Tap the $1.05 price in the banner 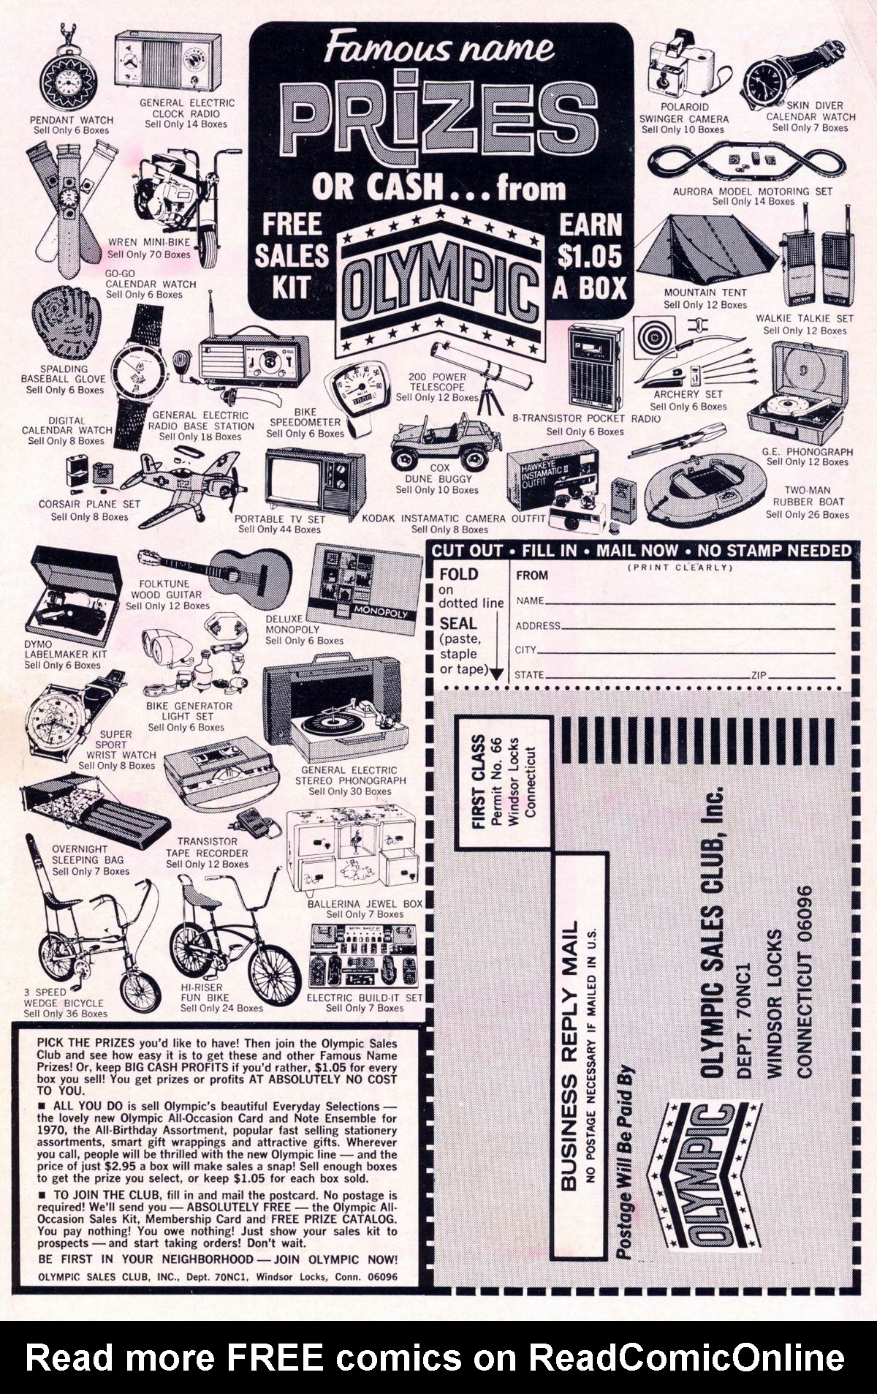tap(589, 255)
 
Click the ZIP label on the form tap(758, 675)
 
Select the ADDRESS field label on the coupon tap(538, 626)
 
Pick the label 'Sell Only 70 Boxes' tap(148, 255)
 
